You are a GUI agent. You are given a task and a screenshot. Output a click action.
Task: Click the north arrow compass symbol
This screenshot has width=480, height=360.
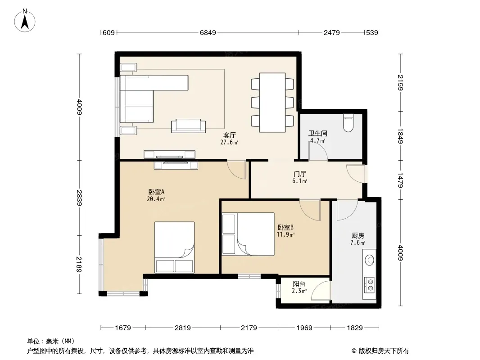25,21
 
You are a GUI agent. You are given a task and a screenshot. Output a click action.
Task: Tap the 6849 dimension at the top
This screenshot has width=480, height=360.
208,32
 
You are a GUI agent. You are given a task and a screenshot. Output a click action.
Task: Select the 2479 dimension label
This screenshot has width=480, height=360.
332,32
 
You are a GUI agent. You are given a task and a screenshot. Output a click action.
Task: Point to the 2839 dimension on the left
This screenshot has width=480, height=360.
79,198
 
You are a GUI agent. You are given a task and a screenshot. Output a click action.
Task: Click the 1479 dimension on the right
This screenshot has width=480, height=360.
400,180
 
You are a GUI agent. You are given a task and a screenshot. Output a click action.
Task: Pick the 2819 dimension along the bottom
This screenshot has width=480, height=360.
183,328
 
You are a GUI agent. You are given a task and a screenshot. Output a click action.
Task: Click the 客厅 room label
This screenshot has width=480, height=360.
230,135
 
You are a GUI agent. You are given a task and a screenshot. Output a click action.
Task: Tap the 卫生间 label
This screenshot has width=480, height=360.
318,133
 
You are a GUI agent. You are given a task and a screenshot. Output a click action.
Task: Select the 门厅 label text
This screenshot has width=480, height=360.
299,174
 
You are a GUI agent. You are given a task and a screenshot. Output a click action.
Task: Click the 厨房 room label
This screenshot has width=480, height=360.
358,235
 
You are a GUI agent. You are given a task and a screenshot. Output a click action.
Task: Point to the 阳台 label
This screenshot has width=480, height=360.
299,284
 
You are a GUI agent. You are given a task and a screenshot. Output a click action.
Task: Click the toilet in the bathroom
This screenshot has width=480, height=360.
349,123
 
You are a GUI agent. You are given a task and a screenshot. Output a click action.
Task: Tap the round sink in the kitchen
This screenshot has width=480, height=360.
370,260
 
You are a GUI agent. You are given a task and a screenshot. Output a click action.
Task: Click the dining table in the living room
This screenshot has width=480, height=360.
272,103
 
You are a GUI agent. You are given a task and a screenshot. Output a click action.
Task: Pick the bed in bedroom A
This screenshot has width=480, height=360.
174,247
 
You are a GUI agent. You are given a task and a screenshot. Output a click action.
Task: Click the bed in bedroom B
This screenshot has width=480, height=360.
248,234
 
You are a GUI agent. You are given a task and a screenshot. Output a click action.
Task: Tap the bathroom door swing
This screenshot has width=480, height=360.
318,151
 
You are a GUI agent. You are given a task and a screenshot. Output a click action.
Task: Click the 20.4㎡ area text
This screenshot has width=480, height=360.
156,199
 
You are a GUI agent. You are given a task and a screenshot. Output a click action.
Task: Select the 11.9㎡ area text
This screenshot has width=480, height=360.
285,234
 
